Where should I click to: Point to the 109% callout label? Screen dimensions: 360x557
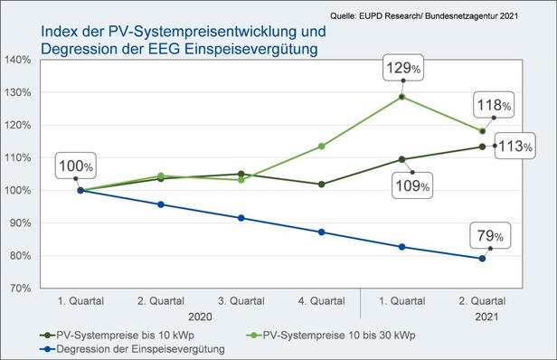(x=412, y=187)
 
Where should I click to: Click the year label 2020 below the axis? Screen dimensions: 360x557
(x=202, y=317)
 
